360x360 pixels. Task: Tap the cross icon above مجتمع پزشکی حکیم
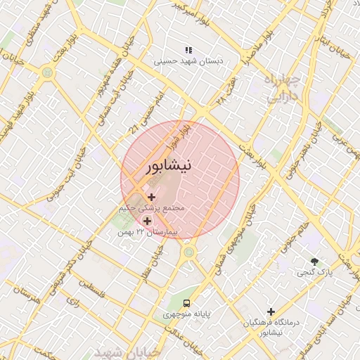[151, 197]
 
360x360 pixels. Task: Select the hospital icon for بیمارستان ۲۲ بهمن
[146, 221]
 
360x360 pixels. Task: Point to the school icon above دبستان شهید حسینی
[188, 50]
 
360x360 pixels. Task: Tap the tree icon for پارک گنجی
[314, 262]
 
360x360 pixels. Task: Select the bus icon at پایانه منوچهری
[185, 303]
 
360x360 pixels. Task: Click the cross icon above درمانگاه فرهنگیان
[271, 311]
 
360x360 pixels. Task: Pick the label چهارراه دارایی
[283, 88]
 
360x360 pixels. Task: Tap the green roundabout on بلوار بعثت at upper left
[47, 71]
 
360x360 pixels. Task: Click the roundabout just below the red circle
[188, 251]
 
